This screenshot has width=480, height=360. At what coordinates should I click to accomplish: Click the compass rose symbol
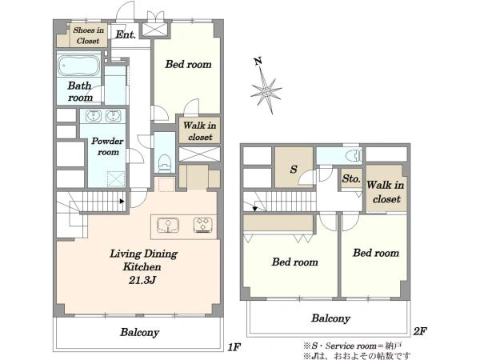[266, 90]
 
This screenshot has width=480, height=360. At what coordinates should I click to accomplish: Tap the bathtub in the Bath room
[79, 66]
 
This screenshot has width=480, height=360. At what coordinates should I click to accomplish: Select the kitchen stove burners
[203, 225]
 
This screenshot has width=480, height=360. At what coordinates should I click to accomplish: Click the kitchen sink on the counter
[168, 225]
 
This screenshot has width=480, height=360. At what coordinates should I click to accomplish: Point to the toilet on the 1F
[165, 162]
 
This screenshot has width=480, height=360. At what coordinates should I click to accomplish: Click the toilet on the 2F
[354, 155]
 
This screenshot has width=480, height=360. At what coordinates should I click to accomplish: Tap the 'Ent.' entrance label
[126, 34]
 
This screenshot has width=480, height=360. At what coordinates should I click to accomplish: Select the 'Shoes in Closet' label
[88, 35]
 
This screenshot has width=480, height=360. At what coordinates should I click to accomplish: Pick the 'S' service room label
[294, 169]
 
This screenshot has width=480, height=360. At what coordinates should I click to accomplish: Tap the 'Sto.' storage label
[351, 178]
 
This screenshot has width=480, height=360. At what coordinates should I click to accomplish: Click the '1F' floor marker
[234, 347]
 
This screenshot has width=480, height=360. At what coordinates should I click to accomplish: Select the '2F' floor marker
[420, 331]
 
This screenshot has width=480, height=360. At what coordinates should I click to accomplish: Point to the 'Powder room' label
[107, 146]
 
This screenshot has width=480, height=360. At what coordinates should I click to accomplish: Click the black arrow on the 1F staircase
[122, 201]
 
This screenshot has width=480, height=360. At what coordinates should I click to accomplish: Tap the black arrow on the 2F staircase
[254, 209]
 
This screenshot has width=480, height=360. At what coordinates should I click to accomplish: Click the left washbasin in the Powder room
[94, 116]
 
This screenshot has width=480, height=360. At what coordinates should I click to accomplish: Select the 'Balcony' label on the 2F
[330, 318]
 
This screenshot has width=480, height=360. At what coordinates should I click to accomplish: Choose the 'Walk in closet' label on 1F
[199, 131]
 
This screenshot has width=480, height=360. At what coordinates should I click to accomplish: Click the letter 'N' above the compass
[258, 62]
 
